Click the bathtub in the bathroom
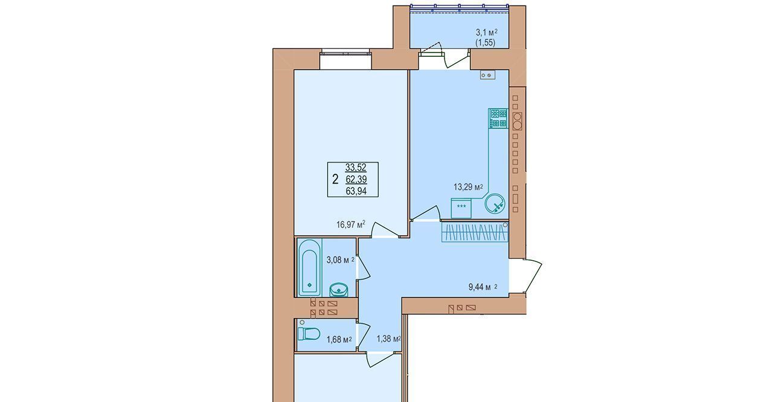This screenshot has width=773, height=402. (x=309, y=268)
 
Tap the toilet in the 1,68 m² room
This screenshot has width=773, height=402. (x=309, y=334)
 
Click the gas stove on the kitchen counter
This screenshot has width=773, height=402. (x=498, y=118)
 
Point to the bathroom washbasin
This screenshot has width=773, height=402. (x=338, y=290)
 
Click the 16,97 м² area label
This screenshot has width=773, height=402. (x=351, y=225)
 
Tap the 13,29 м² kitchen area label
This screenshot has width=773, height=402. (x=468, y=187)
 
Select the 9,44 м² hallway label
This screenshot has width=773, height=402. (x=483, y=287)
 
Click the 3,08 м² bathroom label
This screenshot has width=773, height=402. (x=340, y=260)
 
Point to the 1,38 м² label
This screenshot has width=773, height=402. (x=388, y=339)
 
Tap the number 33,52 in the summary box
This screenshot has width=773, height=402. (x=356, y=168)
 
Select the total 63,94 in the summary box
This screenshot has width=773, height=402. (x=356, y=191)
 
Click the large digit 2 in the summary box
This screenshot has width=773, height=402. (x=335, y=179)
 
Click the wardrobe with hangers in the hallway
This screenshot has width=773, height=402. (x=475, y=232)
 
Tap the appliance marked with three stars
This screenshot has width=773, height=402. (x=461, y=208)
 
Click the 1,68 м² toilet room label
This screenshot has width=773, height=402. (x=339, y=340)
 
